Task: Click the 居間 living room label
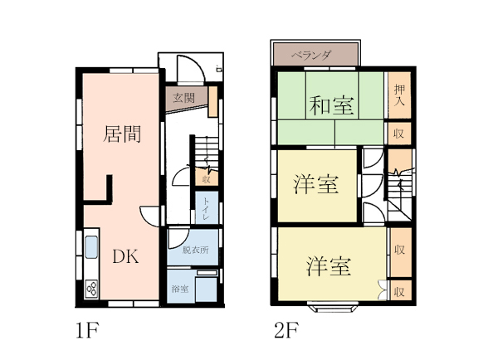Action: click(122, 134)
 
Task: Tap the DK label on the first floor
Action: click(126, 256)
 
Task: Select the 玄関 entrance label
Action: click(183, 98)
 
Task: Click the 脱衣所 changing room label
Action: click(195, 251)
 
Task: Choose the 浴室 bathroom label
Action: click(180, 289)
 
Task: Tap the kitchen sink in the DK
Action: click(91, 247)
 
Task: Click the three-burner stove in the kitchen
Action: click(91, 289)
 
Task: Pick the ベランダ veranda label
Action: click(311, 56)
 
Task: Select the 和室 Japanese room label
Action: click(331, 105)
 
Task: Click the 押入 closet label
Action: click(399, 95)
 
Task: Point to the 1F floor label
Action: click(88, 330)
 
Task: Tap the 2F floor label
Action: click(286, 330)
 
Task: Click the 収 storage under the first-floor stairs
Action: click(207, 178)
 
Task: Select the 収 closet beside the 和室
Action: click(399, 134)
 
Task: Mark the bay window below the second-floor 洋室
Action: click(333, 308)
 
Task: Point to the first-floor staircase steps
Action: click(207, 152)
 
